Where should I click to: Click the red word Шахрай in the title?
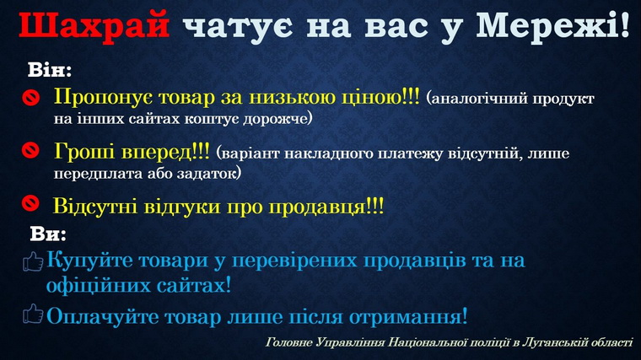[94, 25]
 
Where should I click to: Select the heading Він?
[50, 70]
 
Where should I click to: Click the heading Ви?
[48, 234]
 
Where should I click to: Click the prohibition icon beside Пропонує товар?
[30, 98]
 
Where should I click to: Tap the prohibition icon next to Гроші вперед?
[30, 150]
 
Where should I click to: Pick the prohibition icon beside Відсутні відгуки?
[30, 203]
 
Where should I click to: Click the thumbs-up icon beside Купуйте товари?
[33, 261]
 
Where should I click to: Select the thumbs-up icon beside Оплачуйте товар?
[33, 314]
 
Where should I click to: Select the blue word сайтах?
[194, 285]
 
